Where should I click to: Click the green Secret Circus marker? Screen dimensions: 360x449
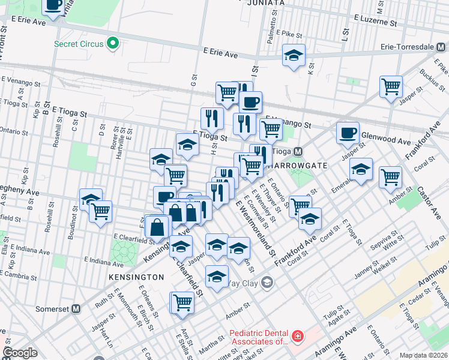[x=112, y=43]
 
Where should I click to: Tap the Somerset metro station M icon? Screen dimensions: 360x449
[x=76, y=308]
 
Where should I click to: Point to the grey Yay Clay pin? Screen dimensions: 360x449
[x=267, y=282]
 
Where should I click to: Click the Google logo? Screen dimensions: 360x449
[x=20, y=352]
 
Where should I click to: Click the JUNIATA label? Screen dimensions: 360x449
[x=265, y=3]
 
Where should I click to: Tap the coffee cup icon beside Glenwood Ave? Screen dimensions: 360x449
[x=348, y=133]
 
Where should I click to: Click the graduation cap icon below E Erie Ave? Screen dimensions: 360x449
[x=294, y=55]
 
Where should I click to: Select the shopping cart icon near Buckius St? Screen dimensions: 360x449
[x=391, y=86]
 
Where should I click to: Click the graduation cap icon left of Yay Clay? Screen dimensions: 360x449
[x=217, y=276]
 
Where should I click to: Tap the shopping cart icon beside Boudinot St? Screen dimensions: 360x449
[x=100, y=211]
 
